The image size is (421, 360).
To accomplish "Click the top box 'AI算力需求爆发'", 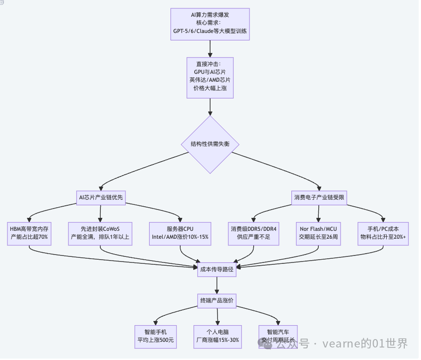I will coord(210,24).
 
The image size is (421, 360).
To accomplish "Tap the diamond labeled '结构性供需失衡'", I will coord(210,144).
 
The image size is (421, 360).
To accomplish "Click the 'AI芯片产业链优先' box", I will coord(101,197).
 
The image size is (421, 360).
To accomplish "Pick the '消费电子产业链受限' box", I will coord(319,197).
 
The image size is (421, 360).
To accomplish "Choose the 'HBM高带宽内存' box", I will coord(29,233).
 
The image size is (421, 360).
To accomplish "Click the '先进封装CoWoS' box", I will coord(100,233).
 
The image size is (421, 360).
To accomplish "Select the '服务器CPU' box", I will coord(180,233).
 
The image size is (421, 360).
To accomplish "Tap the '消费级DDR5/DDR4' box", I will coord(254,233).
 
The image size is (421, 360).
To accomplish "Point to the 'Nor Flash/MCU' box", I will coord(318,233).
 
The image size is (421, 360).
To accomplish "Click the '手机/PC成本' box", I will coord(383,233).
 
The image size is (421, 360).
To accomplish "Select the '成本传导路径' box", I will coord(217,268).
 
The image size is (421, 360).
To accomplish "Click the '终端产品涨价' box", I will coord(217,301).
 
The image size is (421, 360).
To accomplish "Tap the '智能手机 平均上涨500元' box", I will coord(156,336).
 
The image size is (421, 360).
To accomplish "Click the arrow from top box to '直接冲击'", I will coord(210,48).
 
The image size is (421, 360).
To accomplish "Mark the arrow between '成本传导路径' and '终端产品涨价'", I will coord(217,285).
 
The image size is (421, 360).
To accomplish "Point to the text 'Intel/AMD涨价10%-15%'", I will coord(180,237).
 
